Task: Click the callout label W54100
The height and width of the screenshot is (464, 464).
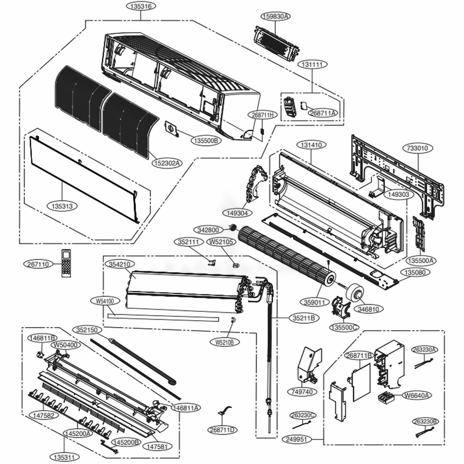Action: [x=104, y=301]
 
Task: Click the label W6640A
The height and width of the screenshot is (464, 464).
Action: [x=417, y=395]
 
